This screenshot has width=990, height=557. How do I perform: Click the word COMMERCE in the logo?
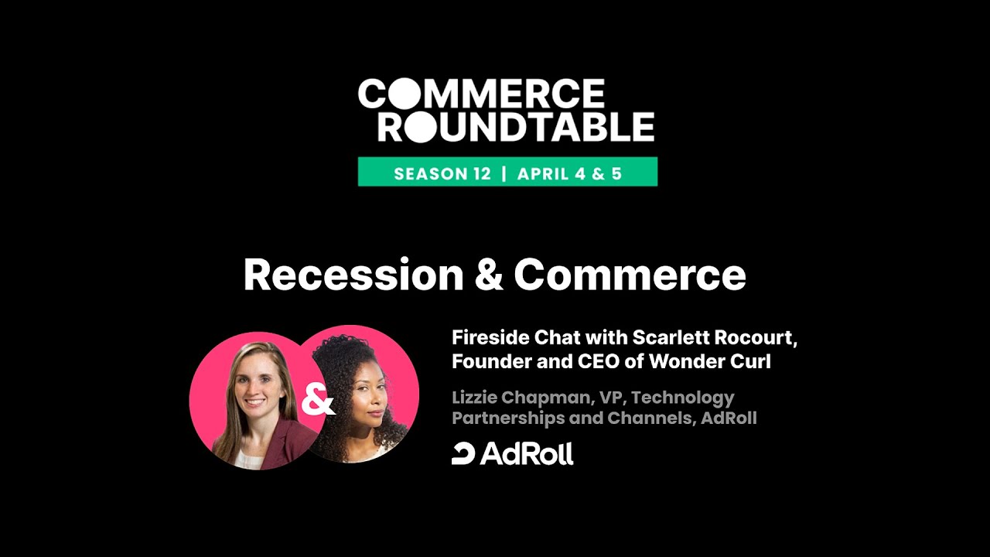click(481, 94)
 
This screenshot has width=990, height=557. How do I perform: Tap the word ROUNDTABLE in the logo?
click(515, 127)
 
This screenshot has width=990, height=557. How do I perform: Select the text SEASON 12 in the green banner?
click(442, 173)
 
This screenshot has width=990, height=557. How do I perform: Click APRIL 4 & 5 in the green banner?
click(569, 173)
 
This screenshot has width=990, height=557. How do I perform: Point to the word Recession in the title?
click(353, 275)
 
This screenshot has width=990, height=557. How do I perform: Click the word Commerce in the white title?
click(630, 275)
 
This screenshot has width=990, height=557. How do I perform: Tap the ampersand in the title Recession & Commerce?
click(489, 275)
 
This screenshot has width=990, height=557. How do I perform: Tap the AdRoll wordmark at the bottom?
click(527, 453)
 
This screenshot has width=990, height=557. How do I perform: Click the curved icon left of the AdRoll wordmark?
click(463, 454)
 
